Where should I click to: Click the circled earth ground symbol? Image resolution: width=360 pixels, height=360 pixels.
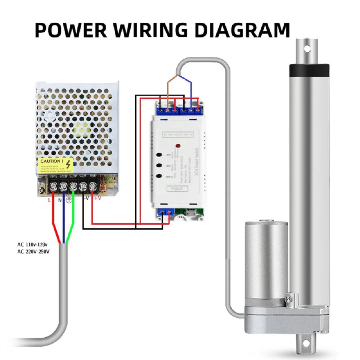point(69,200)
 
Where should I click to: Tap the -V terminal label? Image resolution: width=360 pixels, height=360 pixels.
point(86,198)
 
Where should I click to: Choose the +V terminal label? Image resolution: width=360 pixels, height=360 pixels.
point(97,198)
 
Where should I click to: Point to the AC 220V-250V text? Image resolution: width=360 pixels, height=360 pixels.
point(33,251)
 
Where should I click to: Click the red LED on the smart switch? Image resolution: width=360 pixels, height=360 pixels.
point(177,147)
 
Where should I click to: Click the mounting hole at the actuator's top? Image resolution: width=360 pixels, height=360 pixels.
point(307,48)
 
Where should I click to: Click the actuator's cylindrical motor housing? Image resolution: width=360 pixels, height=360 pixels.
point(266,259)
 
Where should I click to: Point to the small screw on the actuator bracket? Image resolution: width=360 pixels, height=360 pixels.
point(287,298)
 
